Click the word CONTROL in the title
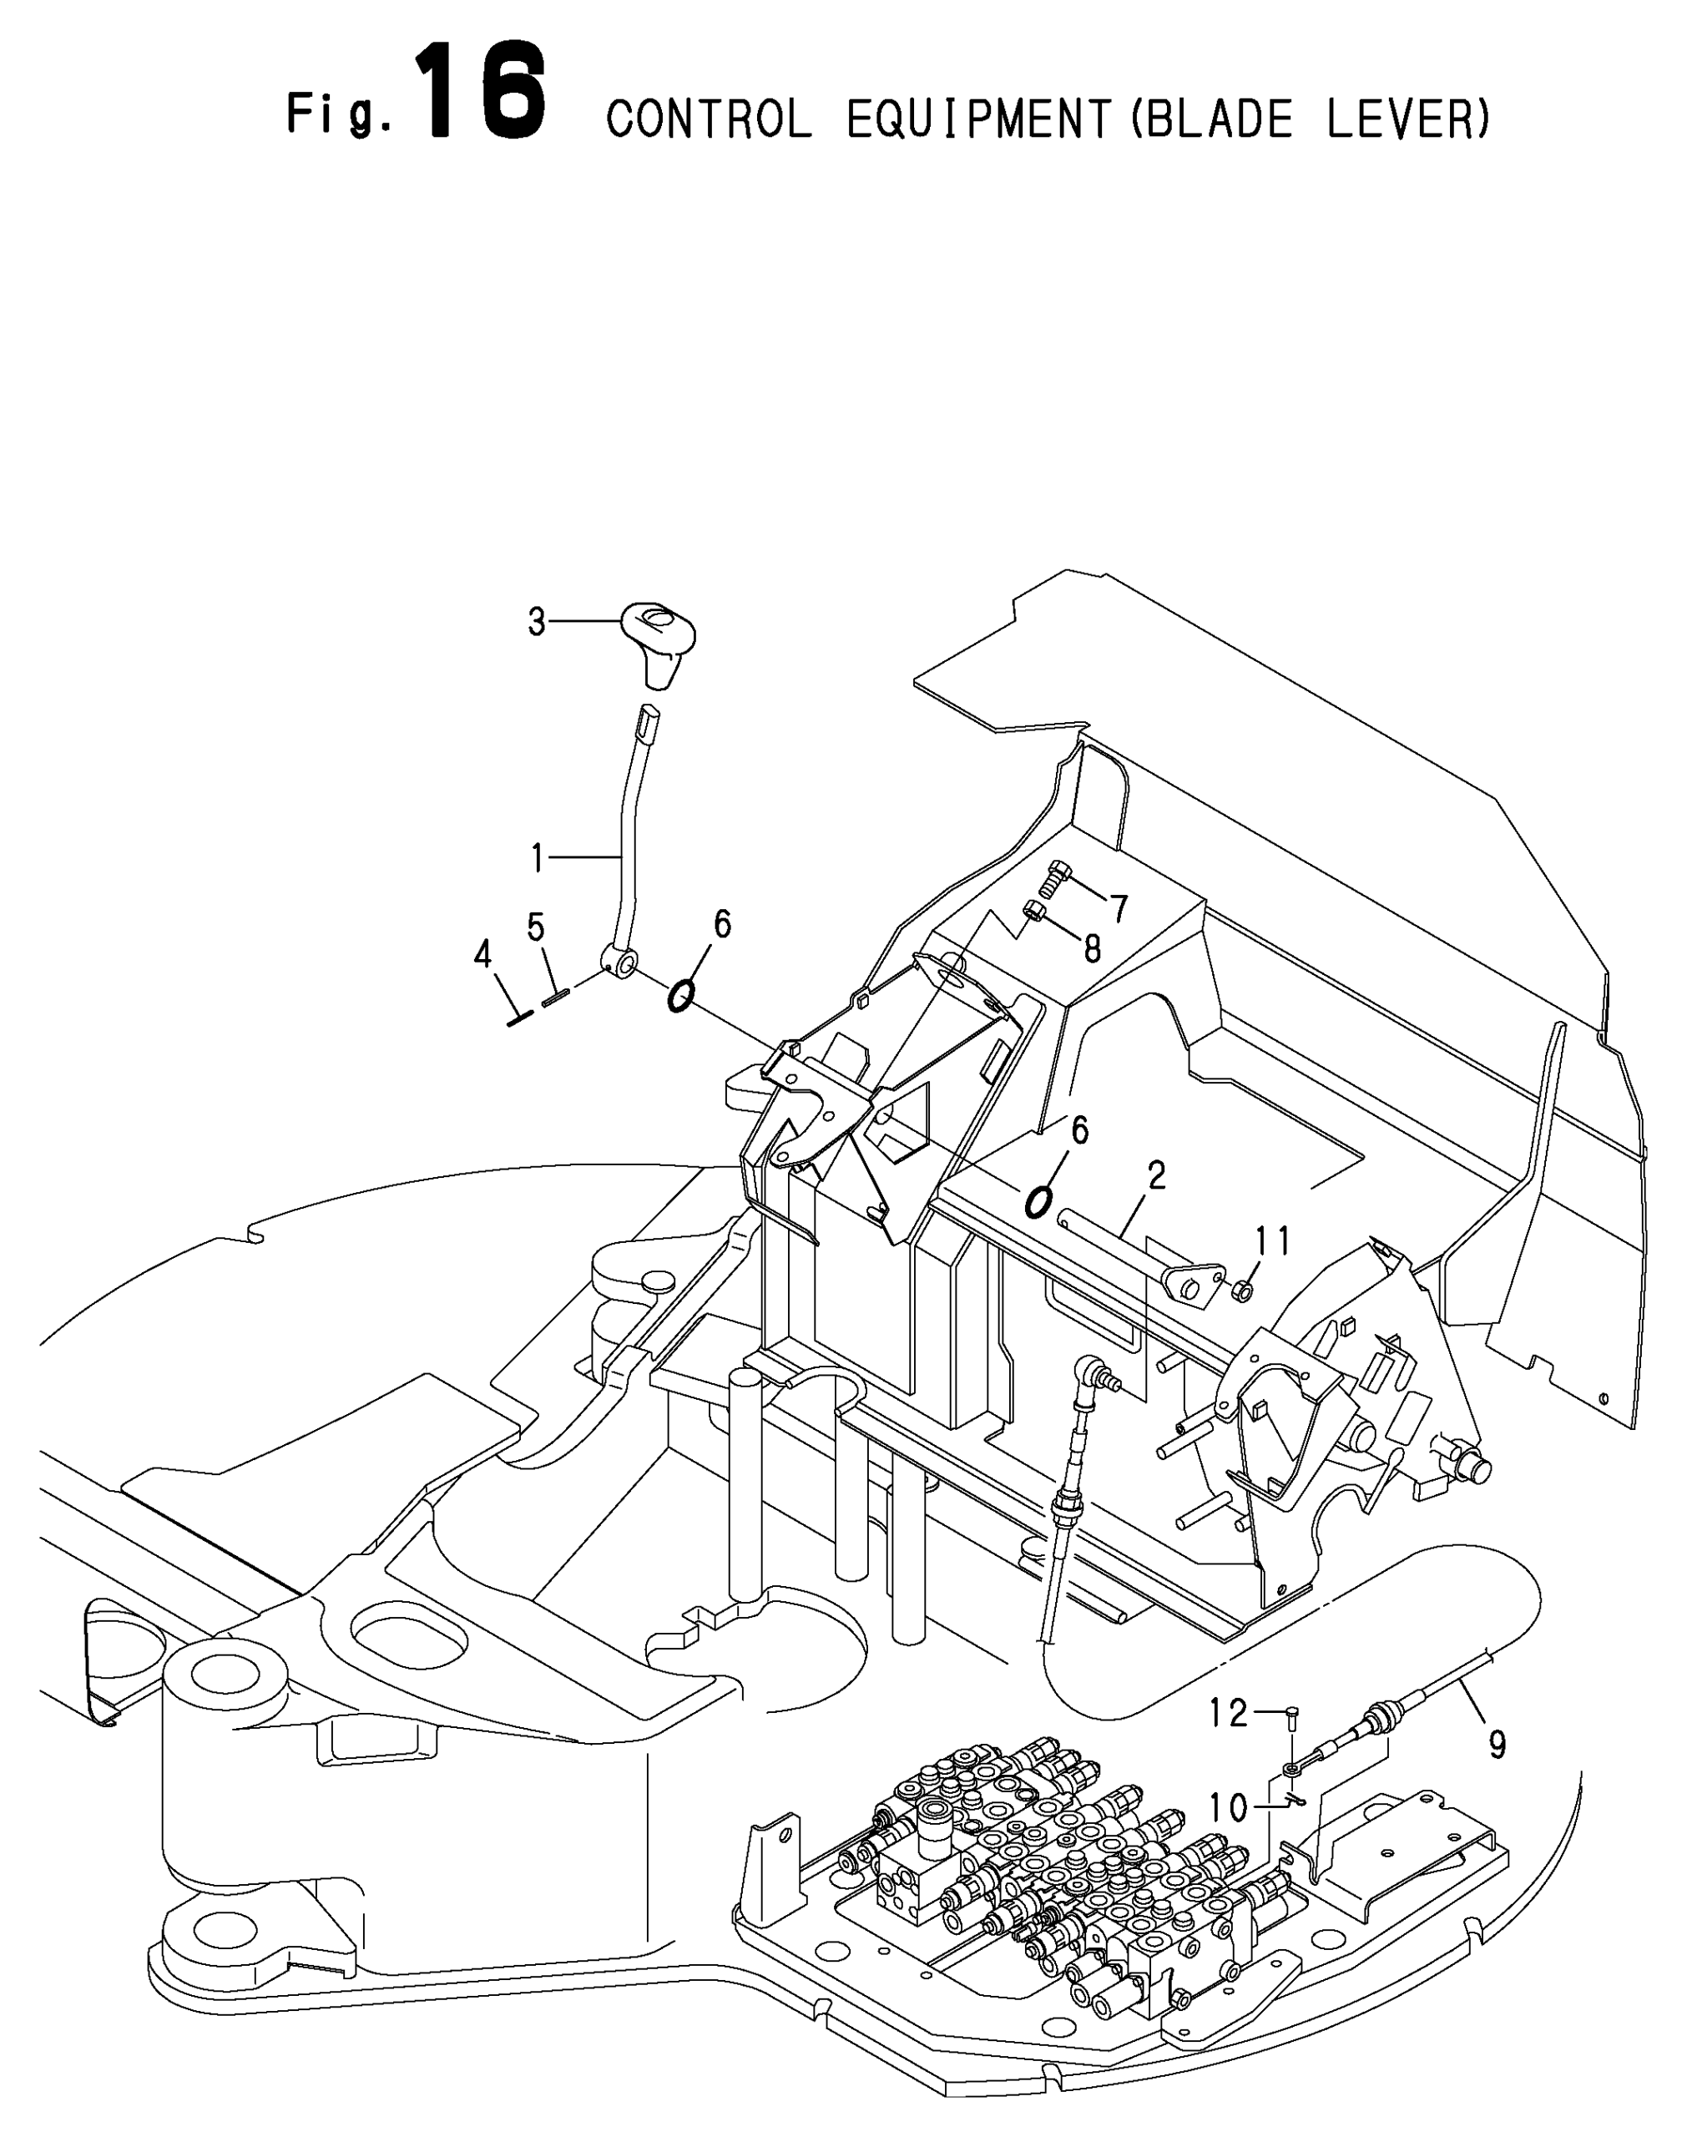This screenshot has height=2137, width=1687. (x=710, y=119)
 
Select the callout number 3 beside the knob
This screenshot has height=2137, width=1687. (x=537, y=622)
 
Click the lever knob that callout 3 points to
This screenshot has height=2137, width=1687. (x=659, y=637)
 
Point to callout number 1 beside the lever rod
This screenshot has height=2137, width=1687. (x=538, y=858)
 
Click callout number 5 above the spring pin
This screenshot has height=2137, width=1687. (x=535, y=927)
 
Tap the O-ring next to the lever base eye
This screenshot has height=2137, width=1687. (x=680, y=997)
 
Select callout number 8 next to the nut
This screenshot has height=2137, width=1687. (x=1091, y=949)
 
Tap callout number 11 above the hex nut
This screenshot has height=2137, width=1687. (x=1273, y=1240)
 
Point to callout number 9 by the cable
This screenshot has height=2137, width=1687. (x=1498, y=1746)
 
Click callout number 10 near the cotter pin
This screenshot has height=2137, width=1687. (x=1230, y=1808)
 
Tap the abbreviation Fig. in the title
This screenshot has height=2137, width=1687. (x=340, y=113)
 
